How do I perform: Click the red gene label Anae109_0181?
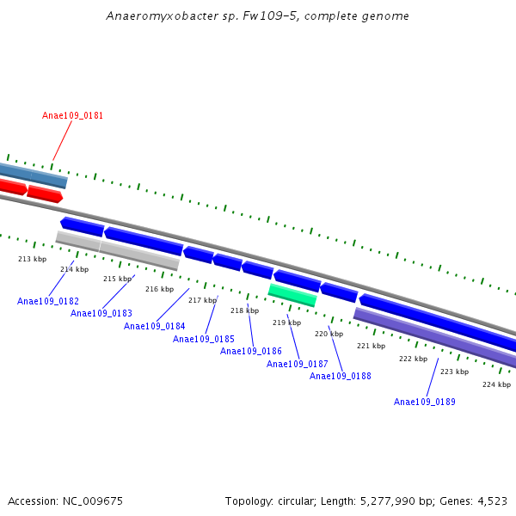point(73,115)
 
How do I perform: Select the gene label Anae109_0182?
point(48,301)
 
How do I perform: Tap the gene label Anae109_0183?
point(101,313)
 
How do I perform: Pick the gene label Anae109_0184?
point(155,326)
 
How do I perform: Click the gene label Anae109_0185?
point(204,339)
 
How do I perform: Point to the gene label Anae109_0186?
point(251,351)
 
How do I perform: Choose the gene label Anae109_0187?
point(298,364)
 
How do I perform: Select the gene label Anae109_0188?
point(341,376)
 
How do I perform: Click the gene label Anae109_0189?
point(425,402)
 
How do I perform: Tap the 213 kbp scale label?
point(33,259)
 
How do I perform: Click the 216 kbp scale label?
point(159,289)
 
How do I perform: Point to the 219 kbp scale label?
point(286,322)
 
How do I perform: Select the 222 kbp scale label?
point(413,359)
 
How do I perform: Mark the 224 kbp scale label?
point(496,384)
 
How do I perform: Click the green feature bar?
point(292,294)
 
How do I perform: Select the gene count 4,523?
point(490,501)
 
